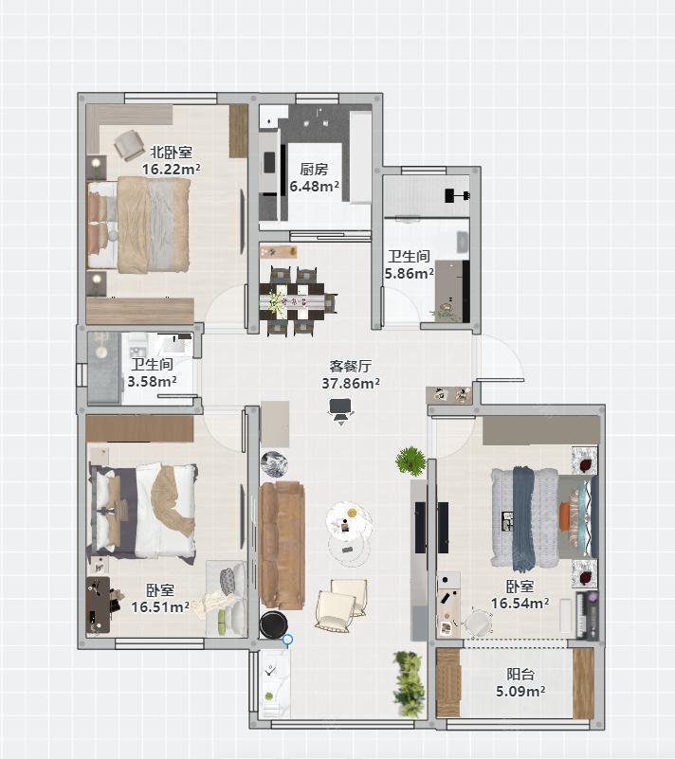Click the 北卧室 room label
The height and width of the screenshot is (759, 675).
click(171, 152)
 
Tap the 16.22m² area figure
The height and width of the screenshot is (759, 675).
click(171, 169)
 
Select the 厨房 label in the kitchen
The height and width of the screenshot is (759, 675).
click(314, 169)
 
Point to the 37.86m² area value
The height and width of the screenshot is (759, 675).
click(351, 384)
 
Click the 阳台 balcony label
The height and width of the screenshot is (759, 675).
click(520, 674)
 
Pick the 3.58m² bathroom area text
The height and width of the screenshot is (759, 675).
click(152, 382)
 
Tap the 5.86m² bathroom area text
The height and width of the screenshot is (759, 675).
click(410, 274)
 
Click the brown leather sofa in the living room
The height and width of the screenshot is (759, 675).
click(282, 545)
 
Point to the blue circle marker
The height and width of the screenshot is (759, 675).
click(287, 640)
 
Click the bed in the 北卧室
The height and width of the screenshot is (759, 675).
click(138, 225)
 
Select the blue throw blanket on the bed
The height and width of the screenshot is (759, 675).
click(523, 517)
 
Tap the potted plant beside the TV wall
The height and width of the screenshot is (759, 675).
click(410, 461)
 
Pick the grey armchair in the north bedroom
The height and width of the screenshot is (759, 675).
click(129, 145)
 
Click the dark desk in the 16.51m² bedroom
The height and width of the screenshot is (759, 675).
click(99, 605)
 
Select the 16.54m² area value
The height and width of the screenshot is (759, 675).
click(520, 604)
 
